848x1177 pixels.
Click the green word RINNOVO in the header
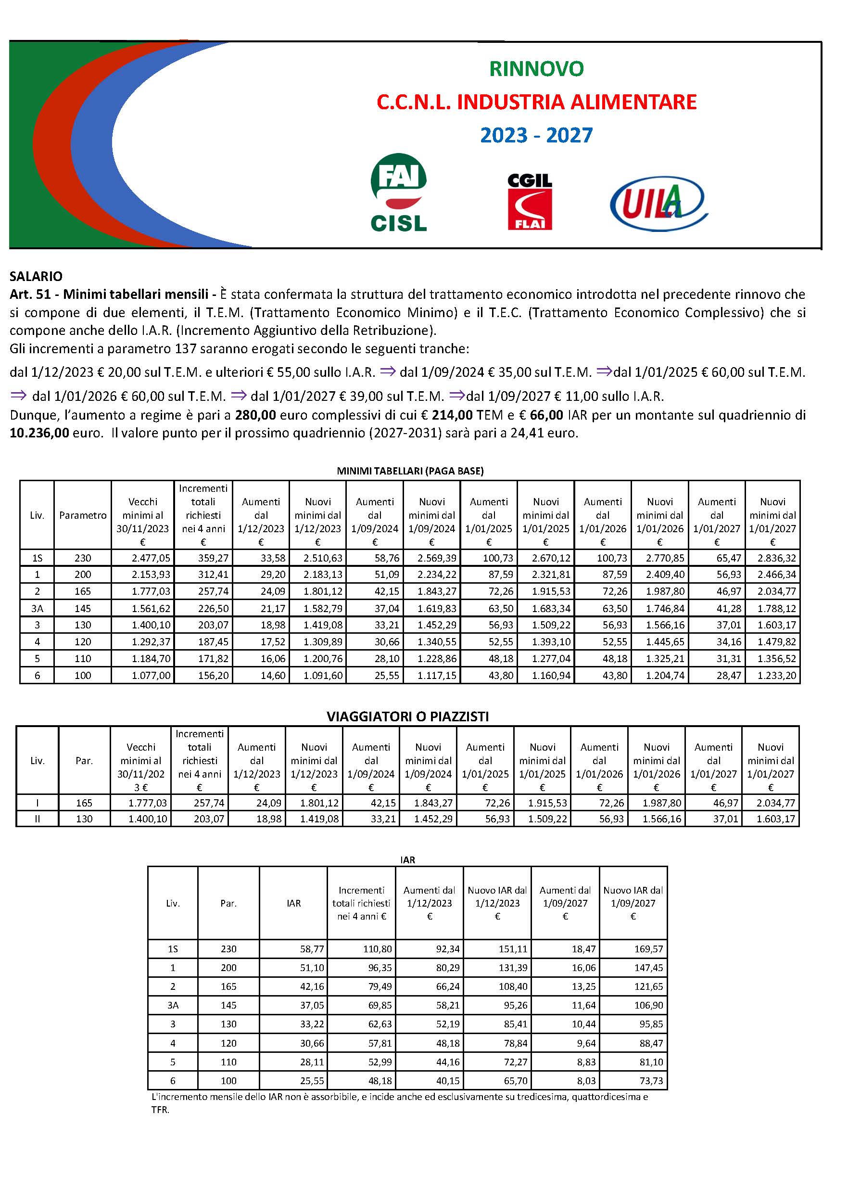tap(536, 68)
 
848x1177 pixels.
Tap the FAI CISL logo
tap(398, 193)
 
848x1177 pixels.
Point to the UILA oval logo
tap(658, 203)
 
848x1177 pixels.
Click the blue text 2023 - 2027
tap(536, 135)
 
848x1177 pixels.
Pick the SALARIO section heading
tap(36, 276)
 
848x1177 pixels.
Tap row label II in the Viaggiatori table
tap(38, 819)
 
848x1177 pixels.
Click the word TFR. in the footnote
tap(160, 1111)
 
